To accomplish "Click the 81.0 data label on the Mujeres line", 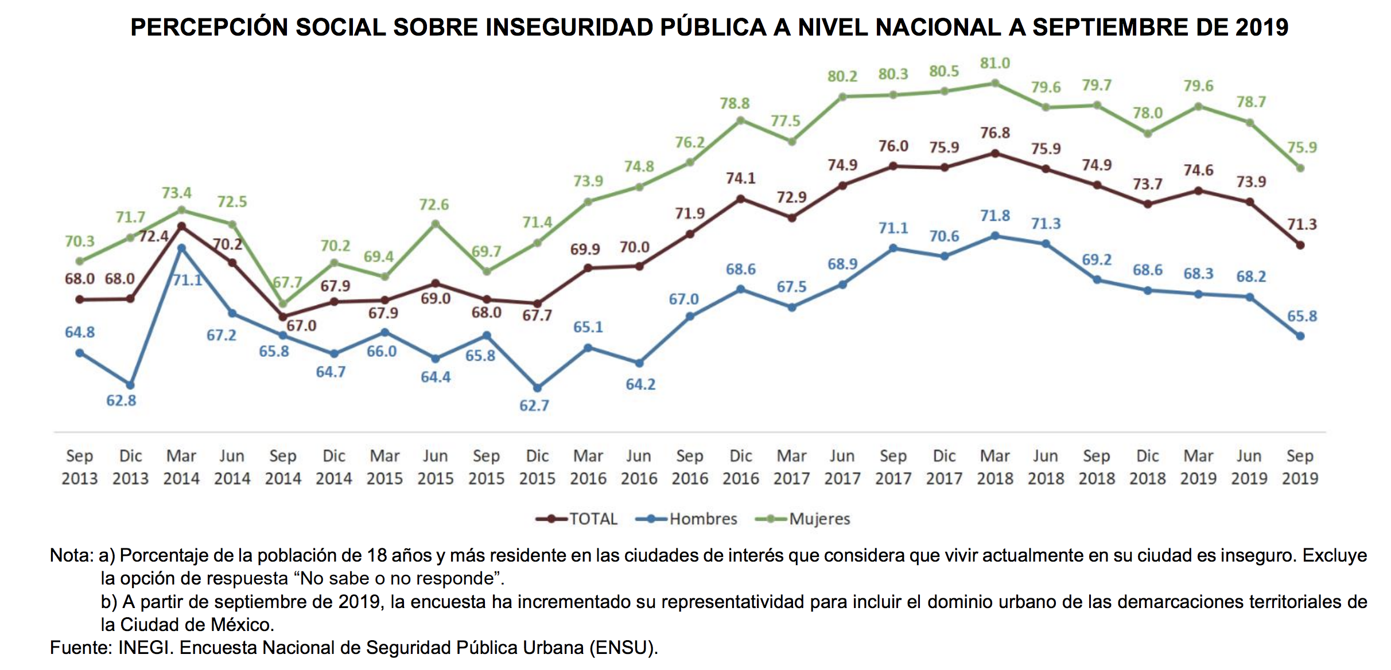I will coord(994,63).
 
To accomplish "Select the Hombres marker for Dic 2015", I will coord(537,388).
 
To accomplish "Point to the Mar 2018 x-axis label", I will coord(994,467).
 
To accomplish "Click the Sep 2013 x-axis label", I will coord(80,467).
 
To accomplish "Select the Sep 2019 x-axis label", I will coord(1300,467).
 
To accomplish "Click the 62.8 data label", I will coord(121,400).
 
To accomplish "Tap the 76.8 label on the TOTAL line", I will coord(994,133).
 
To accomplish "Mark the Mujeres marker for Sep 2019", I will coord(1300,168).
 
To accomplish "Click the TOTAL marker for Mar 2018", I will coord(995,154).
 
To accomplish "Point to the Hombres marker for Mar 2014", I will coord(181,248).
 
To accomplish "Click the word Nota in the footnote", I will coord(71,555).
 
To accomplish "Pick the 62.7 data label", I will coord(534,406).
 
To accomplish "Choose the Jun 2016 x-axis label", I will coord(639,467).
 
